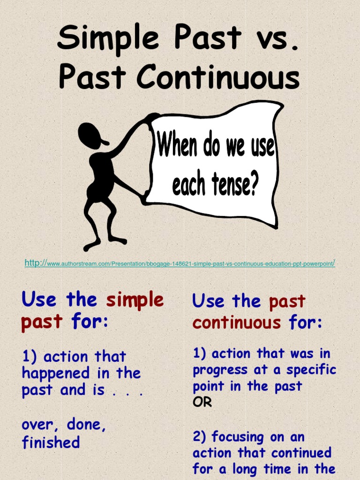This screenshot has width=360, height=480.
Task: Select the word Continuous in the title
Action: pyautogui.click(x=218, y=78)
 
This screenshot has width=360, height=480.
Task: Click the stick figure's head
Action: pyautogui.click(x=90, y=135)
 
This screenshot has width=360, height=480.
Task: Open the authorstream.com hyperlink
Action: pyautogui.click(x=180, y=263)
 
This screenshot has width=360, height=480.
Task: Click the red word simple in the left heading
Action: pyautogui.click(x=135, y=300)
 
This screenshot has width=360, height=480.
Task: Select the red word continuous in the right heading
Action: pyautogui.click(x=237, y=322)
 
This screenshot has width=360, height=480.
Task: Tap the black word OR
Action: pyautogui.click(x=202, y=402)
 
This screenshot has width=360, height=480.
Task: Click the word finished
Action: pyautogui.click(x=51, y=442)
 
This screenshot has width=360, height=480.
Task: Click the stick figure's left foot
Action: pyautogui.click(x=91, y=245)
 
